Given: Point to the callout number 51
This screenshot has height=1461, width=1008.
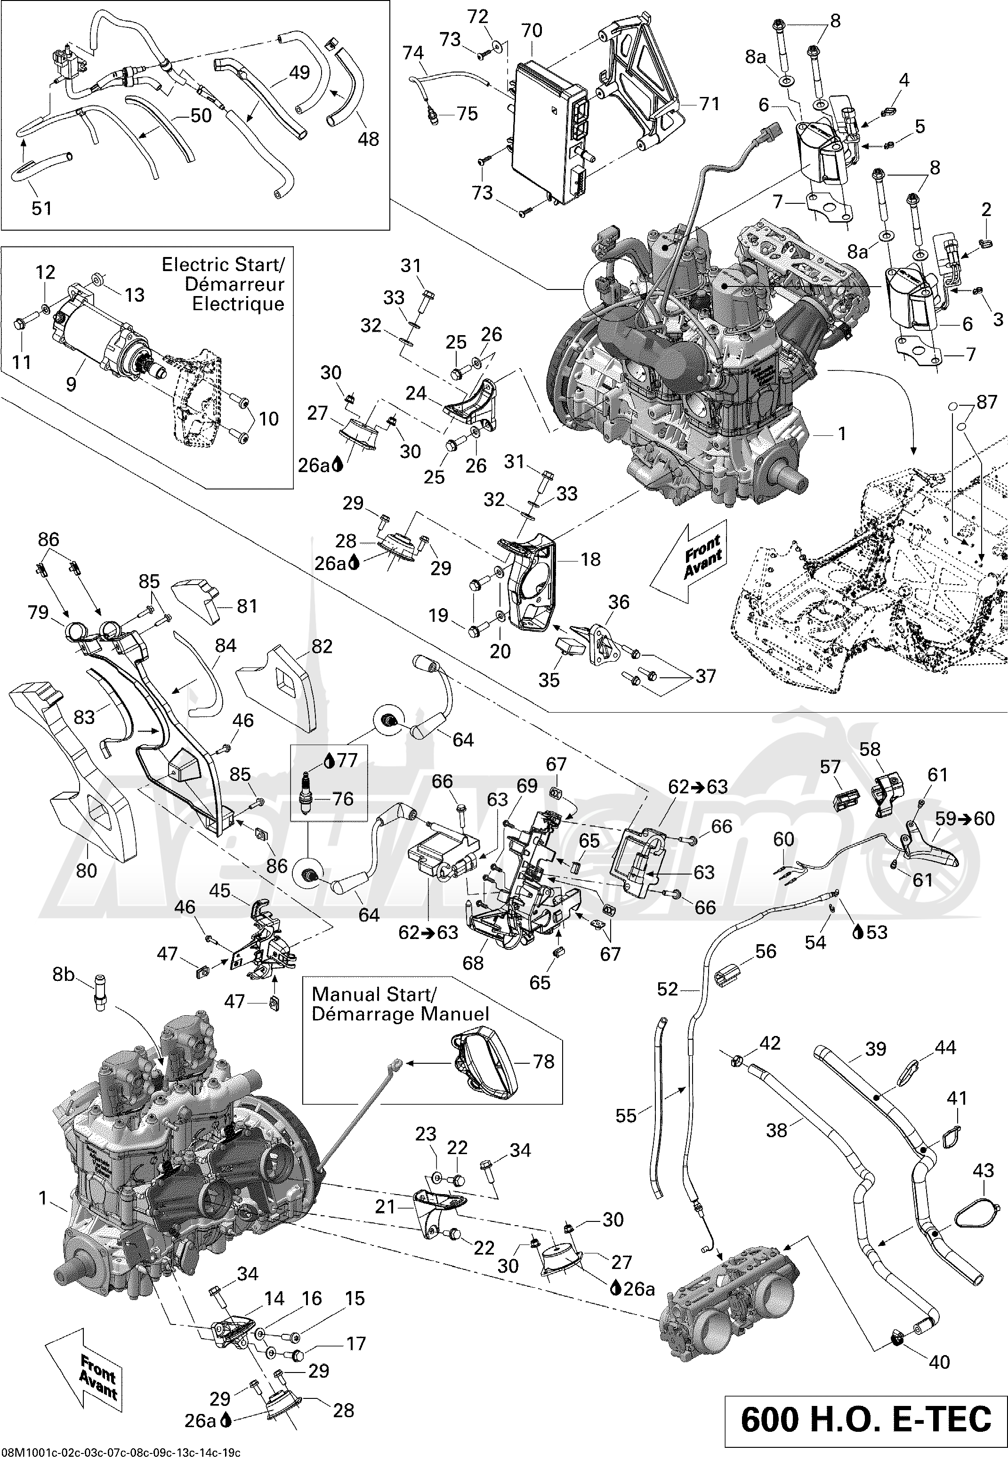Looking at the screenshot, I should pyautogui.click(x=42, y=208).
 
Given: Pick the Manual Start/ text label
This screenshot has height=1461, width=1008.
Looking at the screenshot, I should pyautogui.click(x=373, y=995).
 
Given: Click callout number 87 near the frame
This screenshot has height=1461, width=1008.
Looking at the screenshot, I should pyautogui.click(x=986, y=402).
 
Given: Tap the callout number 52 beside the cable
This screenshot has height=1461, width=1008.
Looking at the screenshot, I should pyautogui.click(x=667, y=989).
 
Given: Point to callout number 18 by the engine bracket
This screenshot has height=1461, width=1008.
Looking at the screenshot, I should pyautogui.click(x=590, y=559).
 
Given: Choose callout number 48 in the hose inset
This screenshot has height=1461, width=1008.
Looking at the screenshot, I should pyautogui.click(x=368, y=138).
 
